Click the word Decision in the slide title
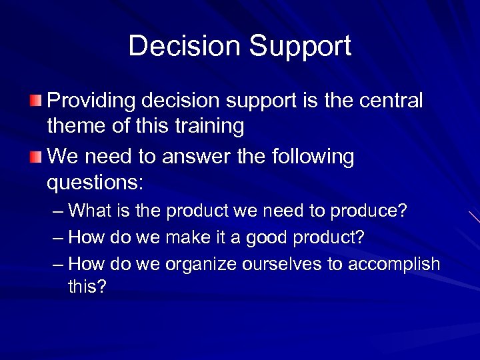[x=184, y=46]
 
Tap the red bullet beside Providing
[x=35, y=101]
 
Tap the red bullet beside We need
[x=35, y=157]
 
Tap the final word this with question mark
[x=87, y=287]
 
